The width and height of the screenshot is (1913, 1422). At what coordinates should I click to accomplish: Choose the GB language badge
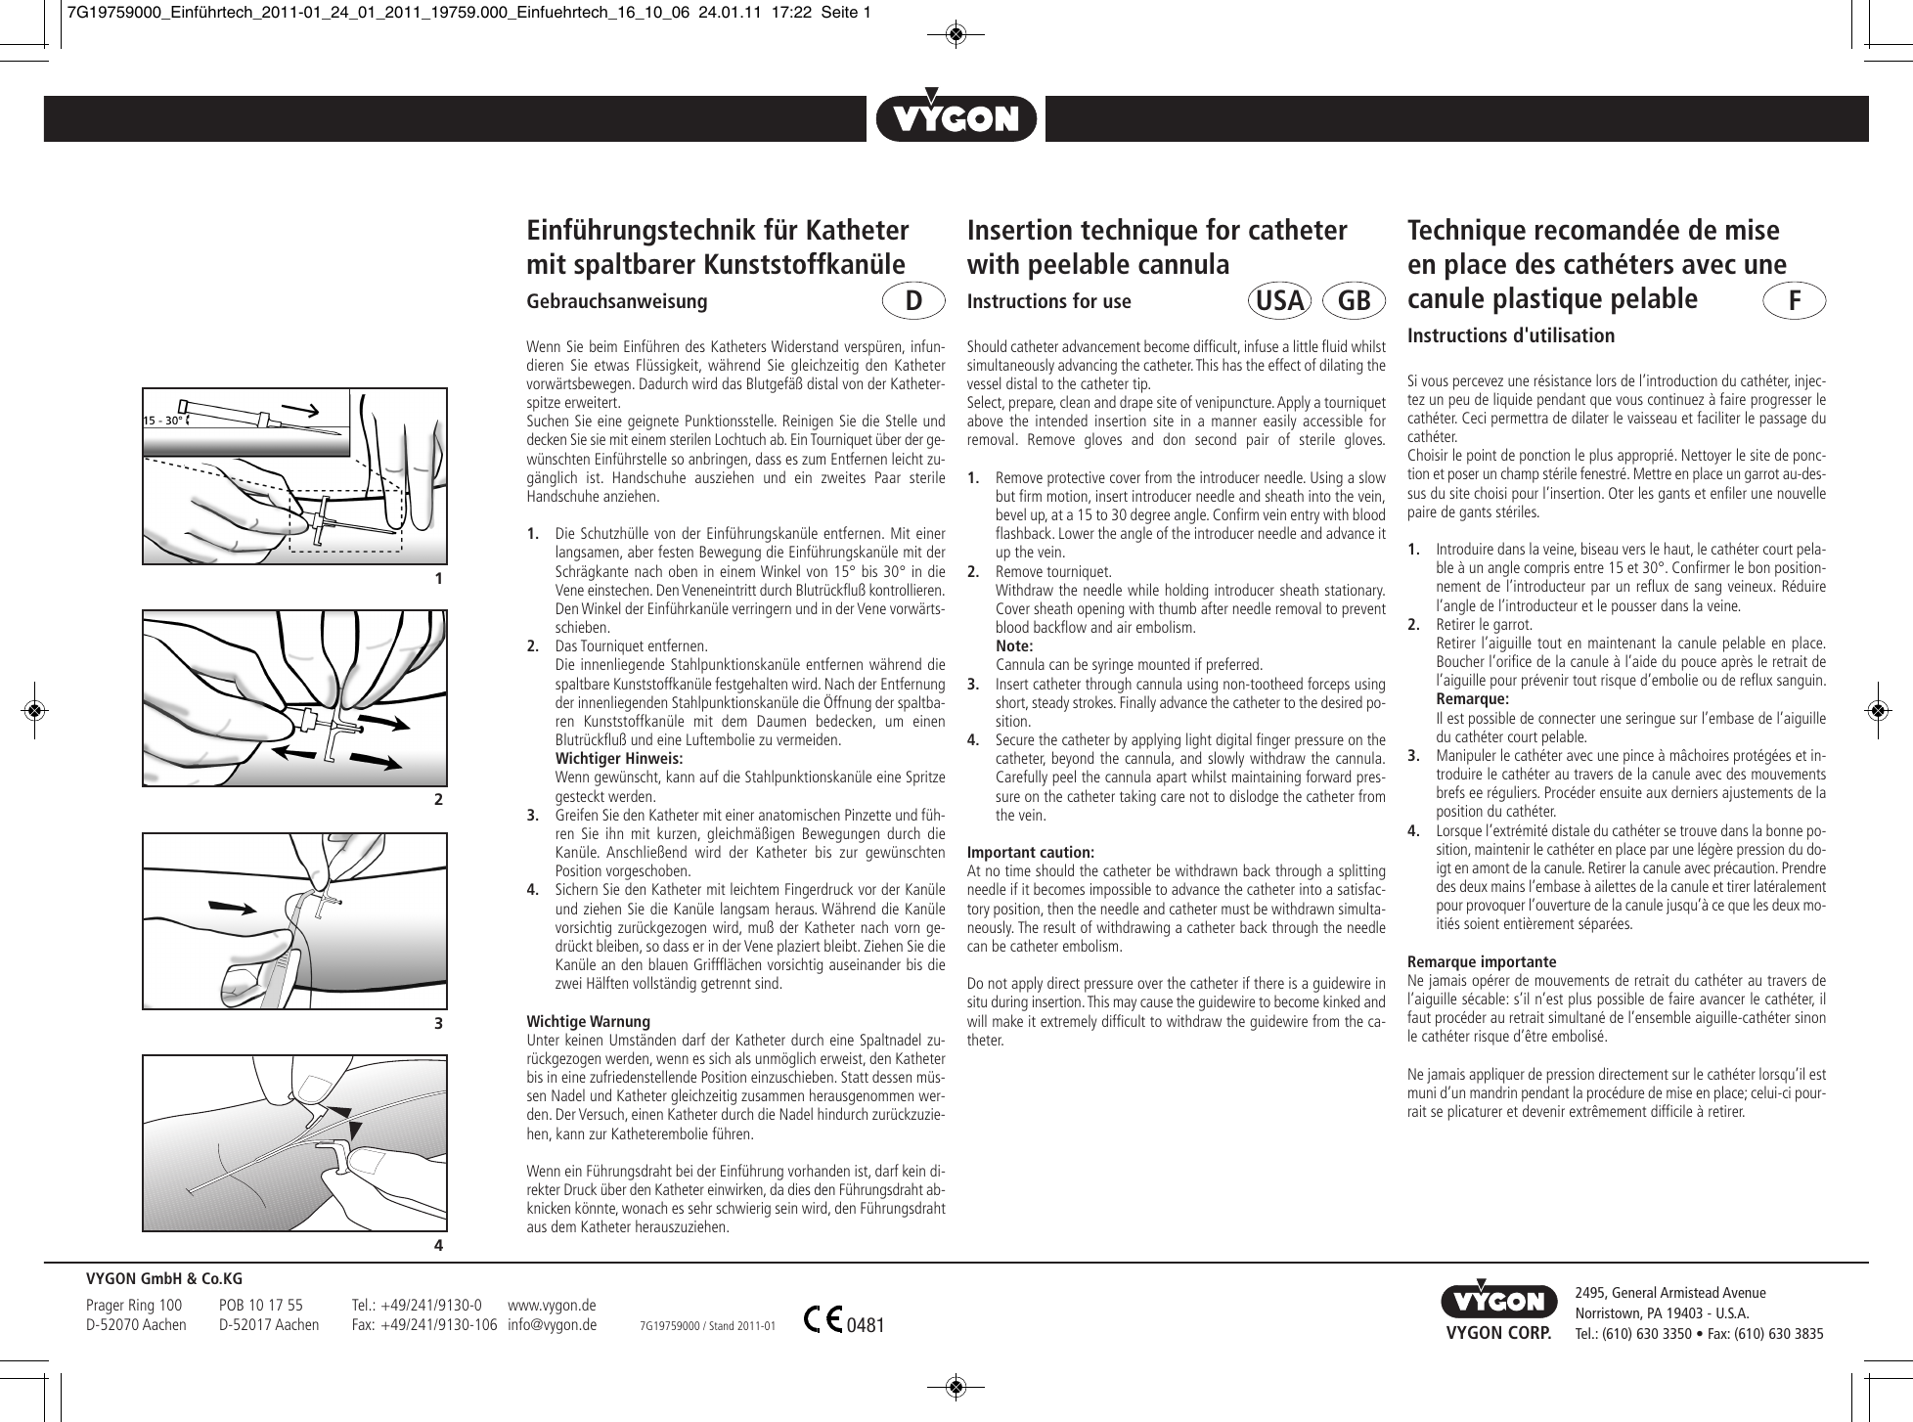click(1354, 301)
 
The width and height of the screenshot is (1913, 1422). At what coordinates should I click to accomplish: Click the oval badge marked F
click(1795, 301)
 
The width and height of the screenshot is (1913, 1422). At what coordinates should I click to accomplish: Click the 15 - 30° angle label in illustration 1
click(163, 421)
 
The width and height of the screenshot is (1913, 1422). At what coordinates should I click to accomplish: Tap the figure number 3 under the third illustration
click(438, 1024)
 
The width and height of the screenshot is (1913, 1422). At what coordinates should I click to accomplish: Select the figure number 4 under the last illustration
click(438, 1246)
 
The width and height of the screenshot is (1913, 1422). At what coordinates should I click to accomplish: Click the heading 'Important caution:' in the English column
click(1030, 852)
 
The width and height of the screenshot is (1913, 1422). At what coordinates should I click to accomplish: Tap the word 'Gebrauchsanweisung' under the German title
click(616, 301)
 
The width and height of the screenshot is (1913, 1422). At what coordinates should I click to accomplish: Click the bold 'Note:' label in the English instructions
click(1013, 645)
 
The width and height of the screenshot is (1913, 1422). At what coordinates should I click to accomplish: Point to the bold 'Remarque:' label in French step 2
click(1472, 699)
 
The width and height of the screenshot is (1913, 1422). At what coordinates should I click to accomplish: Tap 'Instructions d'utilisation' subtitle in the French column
click(1510, 335)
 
